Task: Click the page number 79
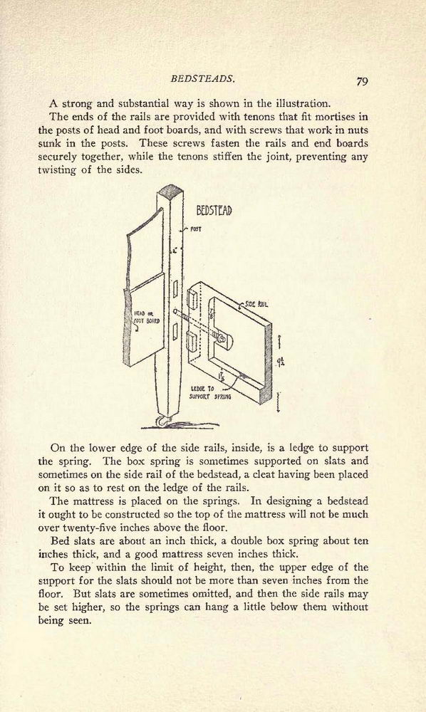(362, 81)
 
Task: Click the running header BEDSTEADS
(202, 78)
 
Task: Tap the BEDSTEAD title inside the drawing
(214, 211)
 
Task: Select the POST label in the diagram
(196, 229)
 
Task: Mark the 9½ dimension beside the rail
(281, 362)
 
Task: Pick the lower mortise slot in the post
(175, 332)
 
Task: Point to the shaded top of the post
(170, 189)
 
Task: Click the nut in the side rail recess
(221, 338)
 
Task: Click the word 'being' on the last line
(51, 621)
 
